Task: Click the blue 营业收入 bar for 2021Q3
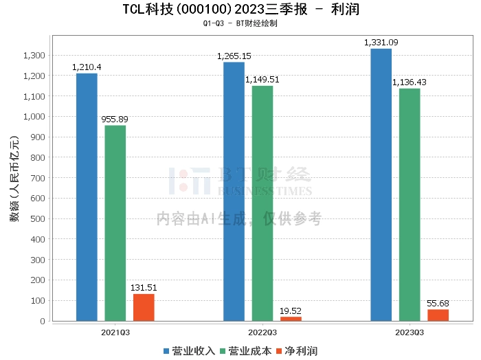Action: [87, 197]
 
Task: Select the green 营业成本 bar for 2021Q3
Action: [115, 223]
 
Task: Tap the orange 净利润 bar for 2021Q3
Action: [144, 308]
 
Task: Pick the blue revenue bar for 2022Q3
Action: [234, 192]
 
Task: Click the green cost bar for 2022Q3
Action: [262, 203]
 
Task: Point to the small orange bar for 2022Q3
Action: [291, 319]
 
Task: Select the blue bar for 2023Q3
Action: [381, 185]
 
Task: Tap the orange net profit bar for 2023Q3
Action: [438, 315]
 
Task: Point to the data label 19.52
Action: [291, 311]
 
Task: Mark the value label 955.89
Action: [115, 119]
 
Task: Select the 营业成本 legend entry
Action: [245, 351]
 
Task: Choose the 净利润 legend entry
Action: [296, 351]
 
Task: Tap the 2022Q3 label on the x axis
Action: [262, 332]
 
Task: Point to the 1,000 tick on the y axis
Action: [34, 117]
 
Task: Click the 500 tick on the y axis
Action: [38, 219]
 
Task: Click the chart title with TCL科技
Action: [240, 10]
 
